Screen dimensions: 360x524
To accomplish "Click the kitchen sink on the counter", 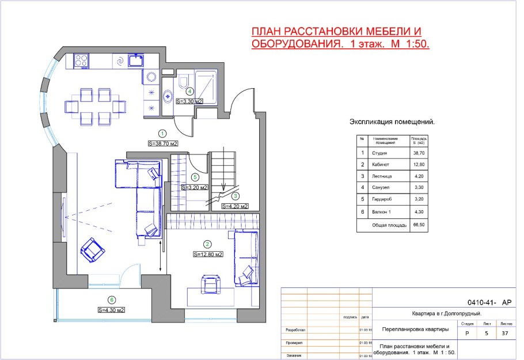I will click(x=136, y=60).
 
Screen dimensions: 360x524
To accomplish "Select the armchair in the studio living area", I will click(x=92, y=249).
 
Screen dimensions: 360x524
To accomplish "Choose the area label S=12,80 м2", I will click(x=208, y=253).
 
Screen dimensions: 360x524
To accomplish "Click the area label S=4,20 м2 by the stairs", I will click(x=234, y=206).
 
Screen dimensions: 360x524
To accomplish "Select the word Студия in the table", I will click(x=381, y=154).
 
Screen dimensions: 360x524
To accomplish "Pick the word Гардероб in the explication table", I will click(x=383, y=199).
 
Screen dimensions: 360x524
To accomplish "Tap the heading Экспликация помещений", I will click(x=392, y=122).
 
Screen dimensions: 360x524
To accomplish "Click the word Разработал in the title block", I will click(x=297, y=330).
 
